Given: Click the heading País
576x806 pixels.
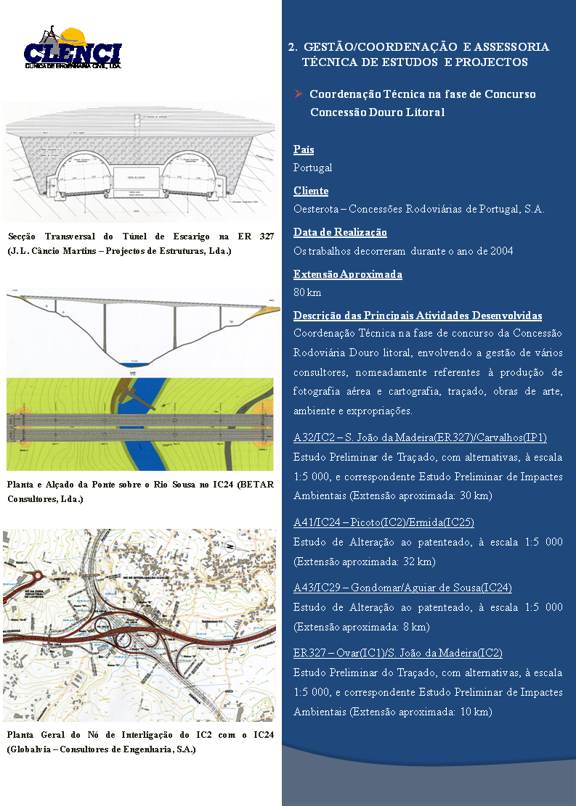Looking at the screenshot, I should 304,149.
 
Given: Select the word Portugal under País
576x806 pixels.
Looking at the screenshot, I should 312,168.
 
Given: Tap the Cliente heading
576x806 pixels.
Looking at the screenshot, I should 311,191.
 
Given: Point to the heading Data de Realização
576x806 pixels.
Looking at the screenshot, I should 340,232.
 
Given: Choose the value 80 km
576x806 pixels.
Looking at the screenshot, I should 307,292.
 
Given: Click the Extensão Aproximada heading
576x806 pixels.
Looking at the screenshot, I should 347,274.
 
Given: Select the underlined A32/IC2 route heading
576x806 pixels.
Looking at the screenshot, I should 420,437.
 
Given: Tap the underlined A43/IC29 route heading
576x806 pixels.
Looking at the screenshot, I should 402,587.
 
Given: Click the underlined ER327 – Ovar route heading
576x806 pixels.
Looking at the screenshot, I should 397,653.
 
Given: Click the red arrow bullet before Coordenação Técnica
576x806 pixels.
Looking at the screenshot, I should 298,94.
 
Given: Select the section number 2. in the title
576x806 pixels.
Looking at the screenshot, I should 292,46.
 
